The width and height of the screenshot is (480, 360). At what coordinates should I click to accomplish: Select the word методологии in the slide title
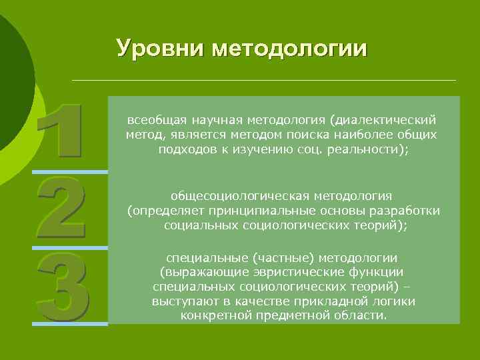[289, 49]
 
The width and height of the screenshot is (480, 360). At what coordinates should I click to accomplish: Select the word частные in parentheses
[281, 258]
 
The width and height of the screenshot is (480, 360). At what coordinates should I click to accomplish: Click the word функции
[377, 273]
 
